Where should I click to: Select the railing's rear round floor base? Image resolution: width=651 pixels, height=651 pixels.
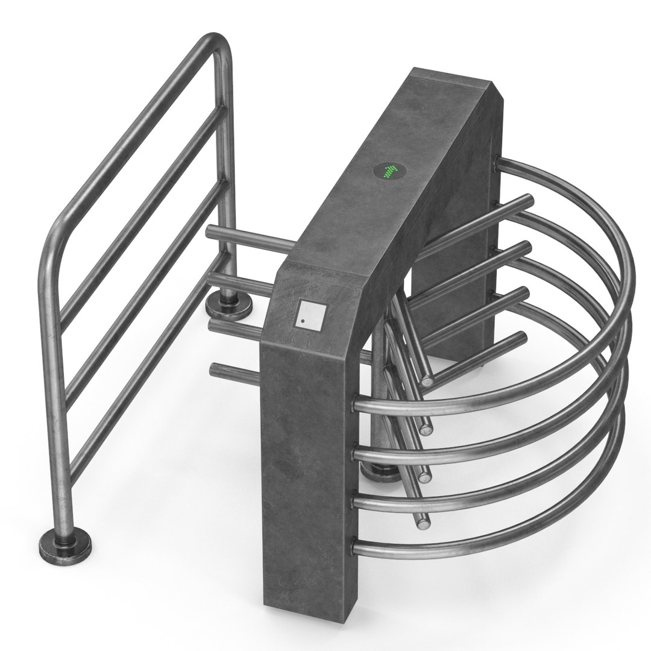click(228, 306)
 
